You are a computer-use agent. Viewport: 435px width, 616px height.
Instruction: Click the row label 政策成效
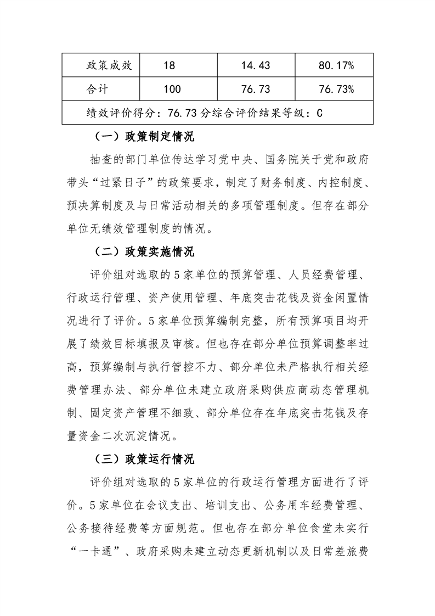coord(109,66)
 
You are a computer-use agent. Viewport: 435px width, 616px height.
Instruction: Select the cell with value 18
coord(169,66)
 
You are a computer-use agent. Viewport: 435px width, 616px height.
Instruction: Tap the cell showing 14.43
coord(256,66)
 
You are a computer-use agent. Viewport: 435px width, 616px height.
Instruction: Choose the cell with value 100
coord(172,89)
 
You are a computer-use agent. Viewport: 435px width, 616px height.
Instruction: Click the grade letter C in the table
coord(319,113)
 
